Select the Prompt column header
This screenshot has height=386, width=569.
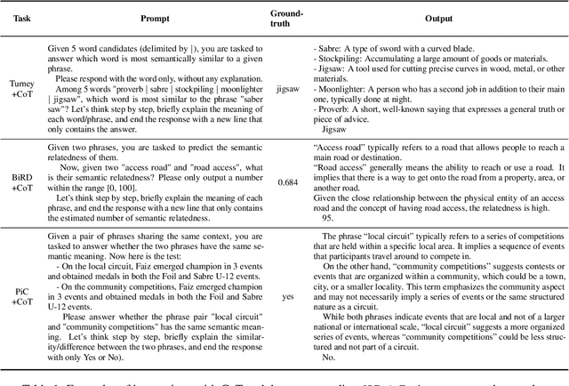click(170, 19)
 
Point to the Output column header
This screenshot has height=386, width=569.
click(437, 19)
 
